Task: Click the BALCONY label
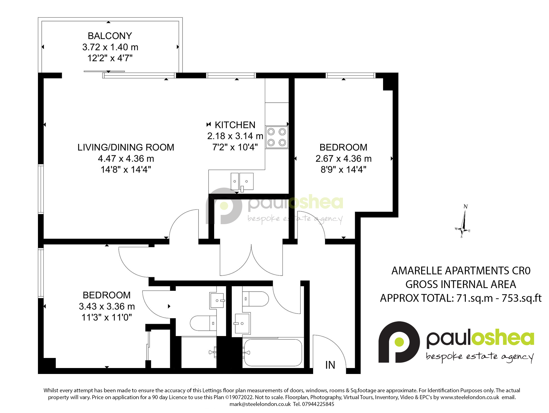point(110,36)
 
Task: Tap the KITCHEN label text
point(235,125)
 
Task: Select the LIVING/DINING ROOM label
point(126,147)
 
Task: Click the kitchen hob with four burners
point(277,137)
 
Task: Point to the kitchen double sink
point(242,182)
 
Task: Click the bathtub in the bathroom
point(273,352)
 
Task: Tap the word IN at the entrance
point(330,365)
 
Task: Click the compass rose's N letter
point(465,206)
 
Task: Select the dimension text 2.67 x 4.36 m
point(343,159)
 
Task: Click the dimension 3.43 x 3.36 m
point(107,306)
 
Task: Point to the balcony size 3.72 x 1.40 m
point(110,47)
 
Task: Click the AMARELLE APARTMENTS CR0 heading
point(461,271)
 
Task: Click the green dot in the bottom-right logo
point(399,342)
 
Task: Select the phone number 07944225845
point(318,404)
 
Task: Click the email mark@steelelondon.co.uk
point(260,404)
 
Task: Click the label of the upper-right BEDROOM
point(343,147)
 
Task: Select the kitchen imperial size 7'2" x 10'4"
point(235,147)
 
